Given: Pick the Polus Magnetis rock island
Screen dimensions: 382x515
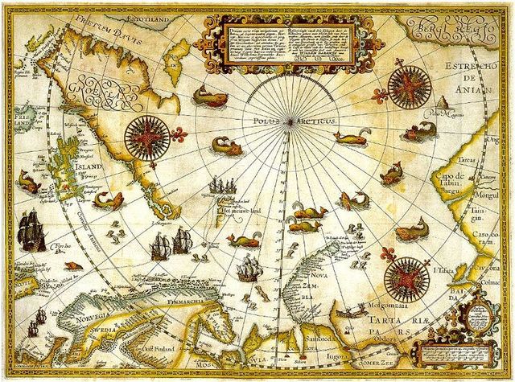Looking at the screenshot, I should tap(442, 105).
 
